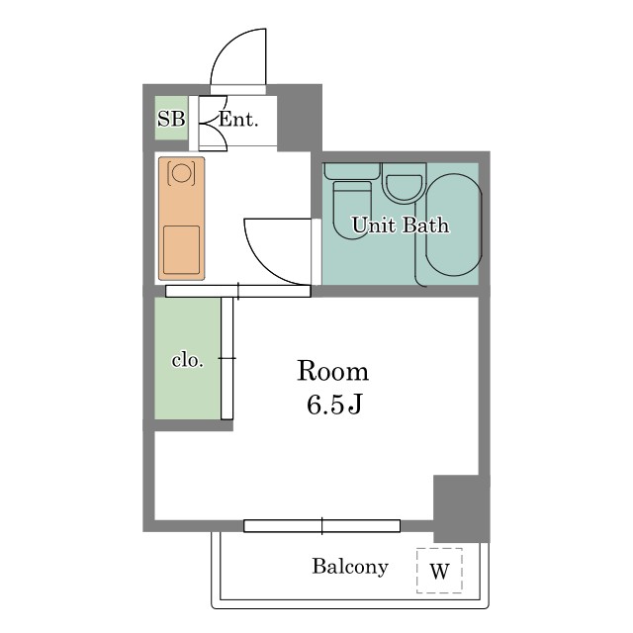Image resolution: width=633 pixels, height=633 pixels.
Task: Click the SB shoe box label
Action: click(x=171, y=119)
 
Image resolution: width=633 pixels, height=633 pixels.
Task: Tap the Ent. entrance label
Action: click(x=238, y=120)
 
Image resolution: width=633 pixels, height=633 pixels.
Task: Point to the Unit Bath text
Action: click(x=401, y=226)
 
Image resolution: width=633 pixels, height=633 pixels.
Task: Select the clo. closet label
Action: click(x=187, y=360)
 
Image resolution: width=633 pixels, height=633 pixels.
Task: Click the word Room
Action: click(x=333, y=371)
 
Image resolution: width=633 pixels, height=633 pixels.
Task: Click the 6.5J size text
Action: click(x=334, y=405)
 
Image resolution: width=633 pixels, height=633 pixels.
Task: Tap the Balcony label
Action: click(x=350, y=567)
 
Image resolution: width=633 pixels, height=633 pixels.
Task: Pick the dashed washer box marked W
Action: click(x=439, y=571)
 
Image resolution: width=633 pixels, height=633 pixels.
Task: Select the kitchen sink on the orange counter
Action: click(x=181, y=250)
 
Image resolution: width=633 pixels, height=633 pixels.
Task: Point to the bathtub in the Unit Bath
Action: click(x=454, y=225)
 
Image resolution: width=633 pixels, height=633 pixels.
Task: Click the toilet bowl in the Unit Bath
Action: click(x=352, y=211)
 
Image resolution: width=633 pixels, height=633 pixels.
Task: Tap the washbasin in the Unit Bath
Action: click(x=405, y=183)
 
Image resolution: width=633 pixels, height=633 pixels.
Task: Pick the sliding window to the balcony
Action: click(x=322, y=526)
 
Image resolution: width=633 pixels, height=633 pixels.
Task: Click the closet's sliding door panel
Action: click(x=226, y=358)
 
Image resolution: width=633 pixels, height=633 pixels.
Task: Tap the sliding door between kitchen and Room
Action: click(x=238, y=291)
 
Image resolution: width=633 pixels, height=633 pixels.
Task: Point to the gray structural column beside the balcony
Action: click(x=462, y=508)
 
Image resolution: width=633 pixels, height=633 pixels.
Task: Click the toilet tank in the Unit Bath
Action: click(x=352, y=171)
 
